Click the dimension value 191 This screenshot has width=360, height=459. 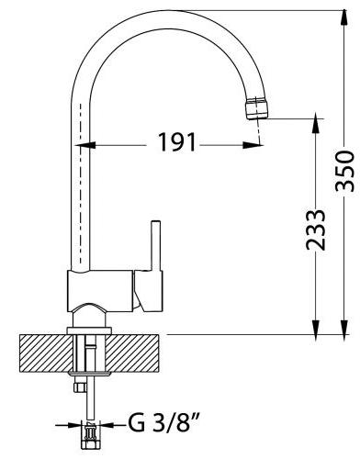click(x=177, y=142)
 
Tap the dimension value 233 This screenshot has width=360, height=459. click(x=316, y=229)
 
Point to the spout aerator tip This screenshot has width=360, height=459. click(x=257, y=107)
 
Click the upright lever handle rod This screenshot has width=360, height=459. click(x=156, y=245)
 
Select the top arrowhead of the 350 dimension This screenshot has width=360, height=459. click(x=344, y=17)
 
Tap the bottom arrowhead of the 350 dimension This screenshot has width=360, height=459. click(x=344, y=327)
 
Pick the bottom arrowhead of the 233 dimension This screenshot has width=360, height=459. click(x=316, y=327)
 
